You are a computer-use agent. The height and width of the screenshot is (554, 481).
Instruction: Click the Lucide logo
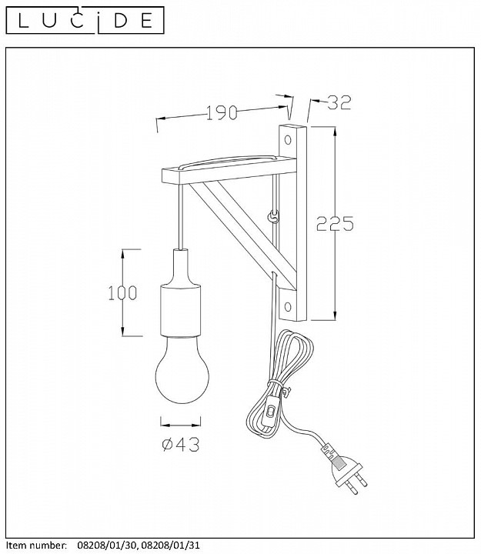[85, 20]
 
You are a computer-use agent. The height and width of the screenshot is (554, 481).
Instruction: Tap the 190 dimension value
[222, 112]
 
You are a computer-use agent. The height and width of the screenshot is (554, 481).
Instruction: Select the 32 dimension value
[339, 102]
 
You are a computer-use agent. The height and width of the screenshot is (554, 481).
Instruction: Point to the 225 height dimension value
[335, 223]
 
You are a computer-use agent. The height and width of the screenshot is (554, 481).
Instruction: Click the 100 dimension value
[122, 293]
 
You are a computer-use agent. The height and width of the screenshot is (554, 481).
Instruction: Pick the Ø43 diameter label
[181, 444]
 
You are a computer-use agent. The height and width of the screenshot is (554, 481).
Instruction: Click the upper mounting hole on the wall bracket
[288, 140]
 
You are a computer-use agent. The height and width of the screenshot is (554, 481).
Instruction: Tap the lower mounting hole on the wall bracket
[288, 306]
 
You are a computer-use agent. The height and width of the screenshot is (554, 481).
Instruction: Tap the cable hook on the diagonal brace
[273, 216]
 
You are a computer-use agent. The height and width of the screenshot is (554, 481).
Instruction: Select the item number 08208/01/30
[105, 546]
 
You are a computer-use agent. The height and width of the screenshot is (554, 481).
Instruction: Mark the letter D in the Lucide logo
[121, 21]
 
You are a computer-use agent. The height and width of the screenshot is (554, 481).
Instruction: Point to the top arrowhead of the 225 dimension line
[334, 132]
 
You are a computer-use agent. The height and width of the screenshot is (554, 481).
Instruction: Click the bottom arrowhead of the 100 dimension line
[123, 331]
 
